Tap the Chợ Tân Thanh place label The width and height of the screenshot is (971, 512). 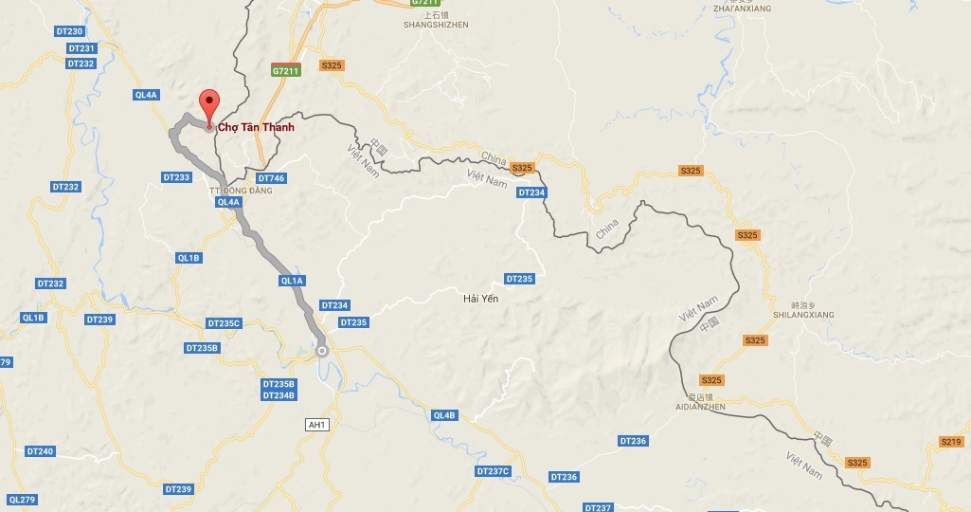tap(256, 128)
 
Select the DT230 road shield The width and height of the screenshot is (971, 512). tap(69, 32)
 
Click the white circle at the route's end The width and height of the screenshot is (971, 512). tap(321, 351)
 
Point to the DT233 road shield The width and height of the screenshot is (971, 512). tap(176, 177)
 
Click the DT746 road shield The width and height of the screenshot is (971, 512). tap(271, 178)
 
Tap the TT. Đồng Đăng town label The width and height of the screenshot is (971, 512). tap(240, 191)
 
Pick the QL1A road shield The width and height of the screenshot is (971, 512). tap(292, 281)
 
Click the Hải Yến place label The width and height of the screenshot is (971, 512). tap(480, 299)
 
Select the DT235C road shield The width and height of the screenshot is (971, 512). tap(225, 323)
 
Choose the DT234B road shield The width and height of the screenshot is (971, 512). tap(279, 395)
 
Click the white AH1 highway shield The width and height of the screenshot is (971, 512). tap(317, 425)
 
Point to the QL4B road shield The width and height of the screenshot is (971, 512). tap(444, 415)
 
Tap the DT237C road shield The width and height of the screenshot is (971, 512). tap(493, 471)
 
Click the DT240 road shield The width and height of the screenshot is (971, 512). tap(40, 451)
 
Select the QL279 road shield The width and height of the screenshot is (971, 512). tap(21, 500)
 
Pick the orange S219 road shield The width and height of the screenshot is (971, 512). tap(951, 442)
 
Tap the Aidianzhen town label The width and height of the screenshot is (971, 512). tap(702, 406)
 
